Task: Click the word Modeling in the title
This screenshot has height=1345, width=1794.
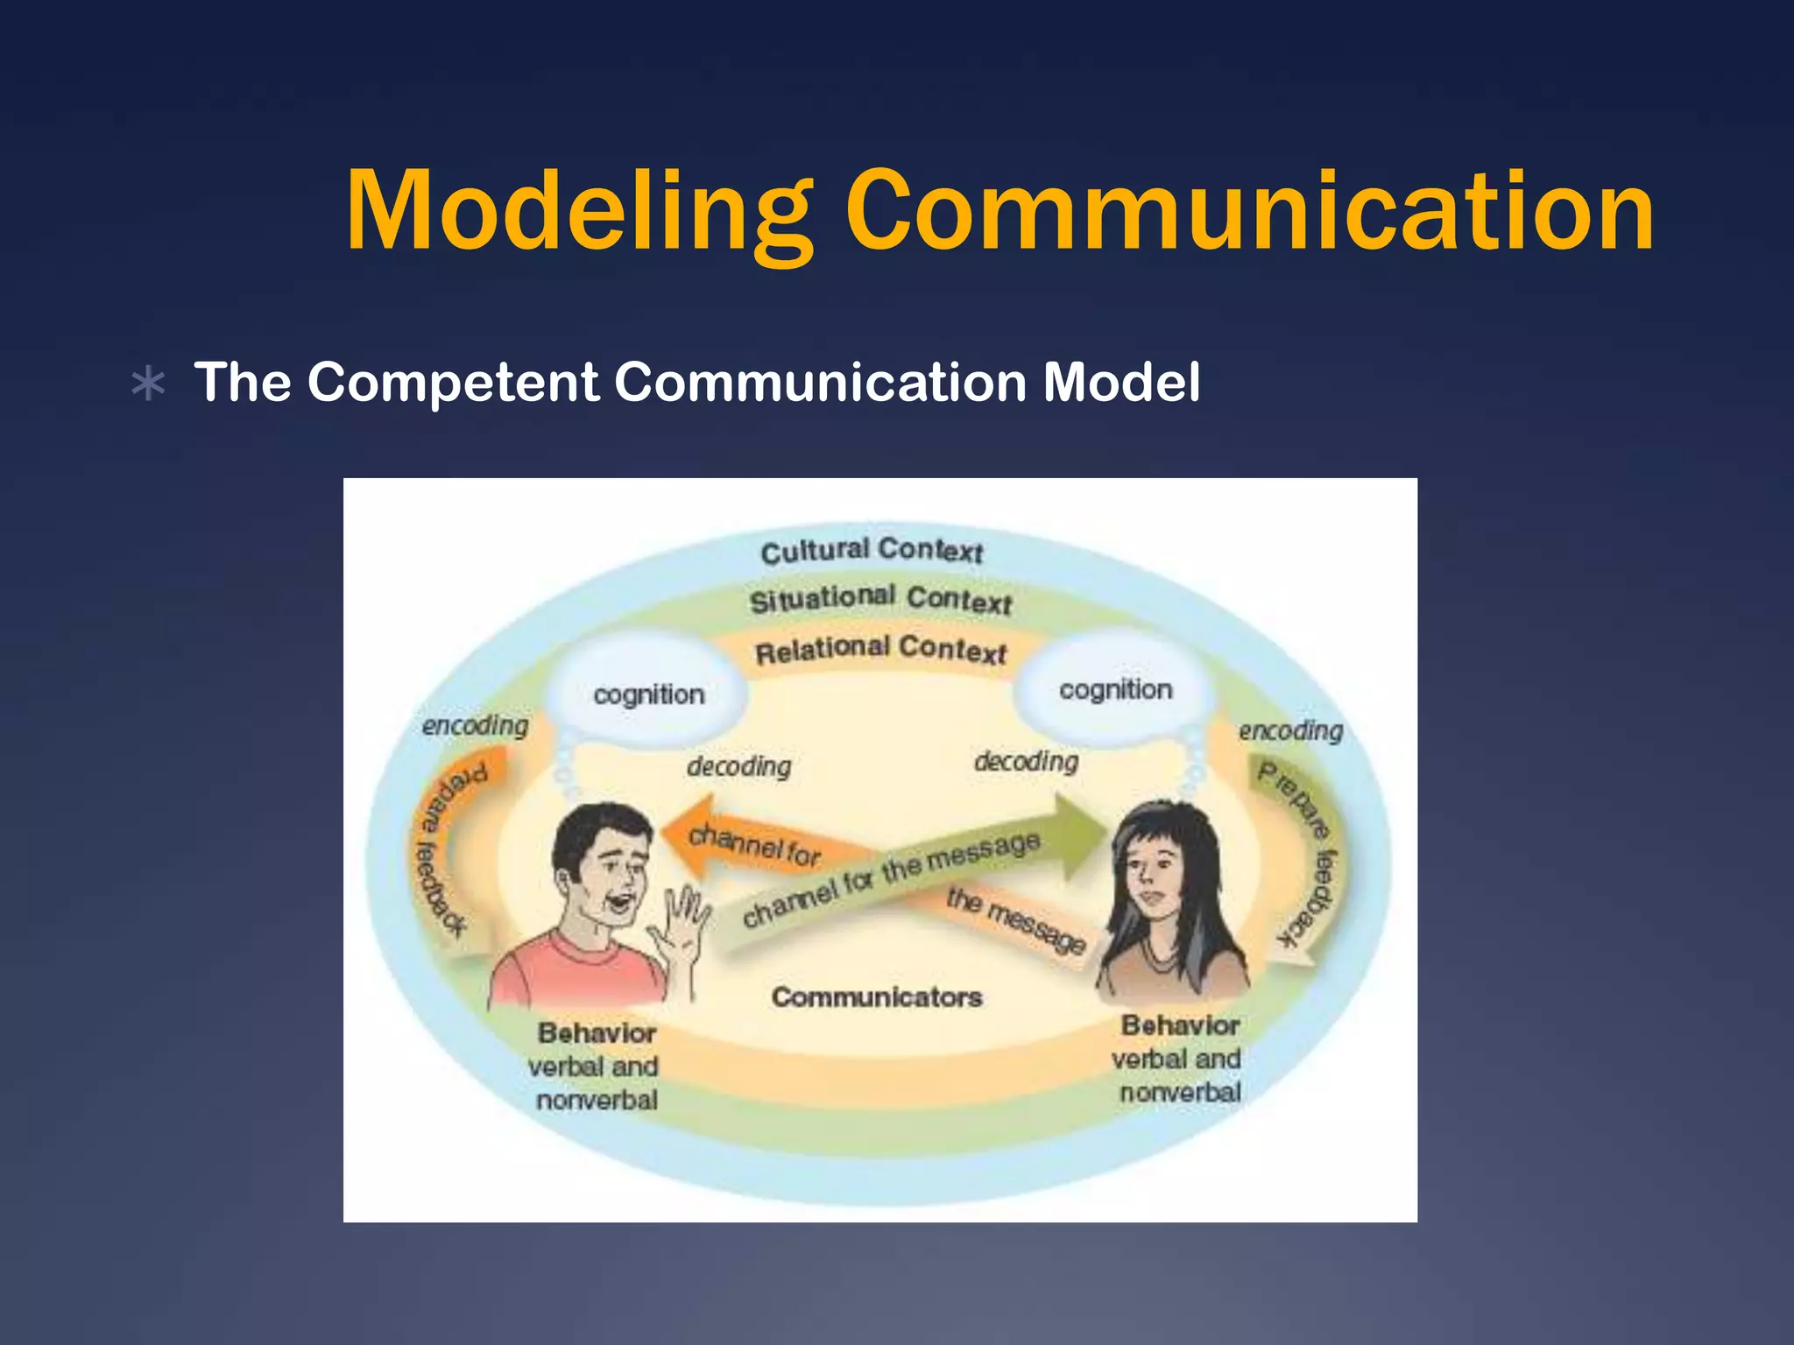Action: (578, 212)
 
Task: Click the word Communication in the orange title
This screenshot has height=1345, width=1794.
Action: (1248, 212)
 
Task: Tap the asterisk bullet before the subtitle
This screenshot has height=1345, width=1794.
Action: (148, 384)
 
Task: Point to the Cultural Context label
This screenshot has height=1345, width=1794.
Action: (872, 551)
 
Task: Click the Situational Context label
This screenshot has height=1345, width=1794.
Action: (880, 600)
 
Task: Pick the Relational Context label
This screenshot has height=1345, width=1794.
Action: (880, 650)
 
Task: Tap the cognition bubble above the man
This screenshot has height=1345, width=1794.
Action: (648, 694)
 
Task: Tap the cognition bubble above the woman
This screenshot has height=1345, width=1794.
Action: (1115, 690)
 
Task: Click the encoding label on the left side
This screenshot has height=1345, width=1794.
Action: (475, 726)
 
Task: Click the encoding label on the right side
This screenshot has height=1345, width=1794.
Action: (1290, 730)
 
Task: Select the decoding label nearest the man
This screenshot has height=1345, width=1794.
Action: (738, 767)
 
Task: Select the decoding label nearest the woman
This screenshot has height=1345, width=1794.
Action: (1026, 762)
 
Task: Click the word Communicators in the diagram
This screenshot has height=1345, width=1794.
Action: (877, 997)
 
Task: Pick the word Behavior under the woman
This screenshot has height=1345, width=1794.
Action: (1180, 1025)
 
